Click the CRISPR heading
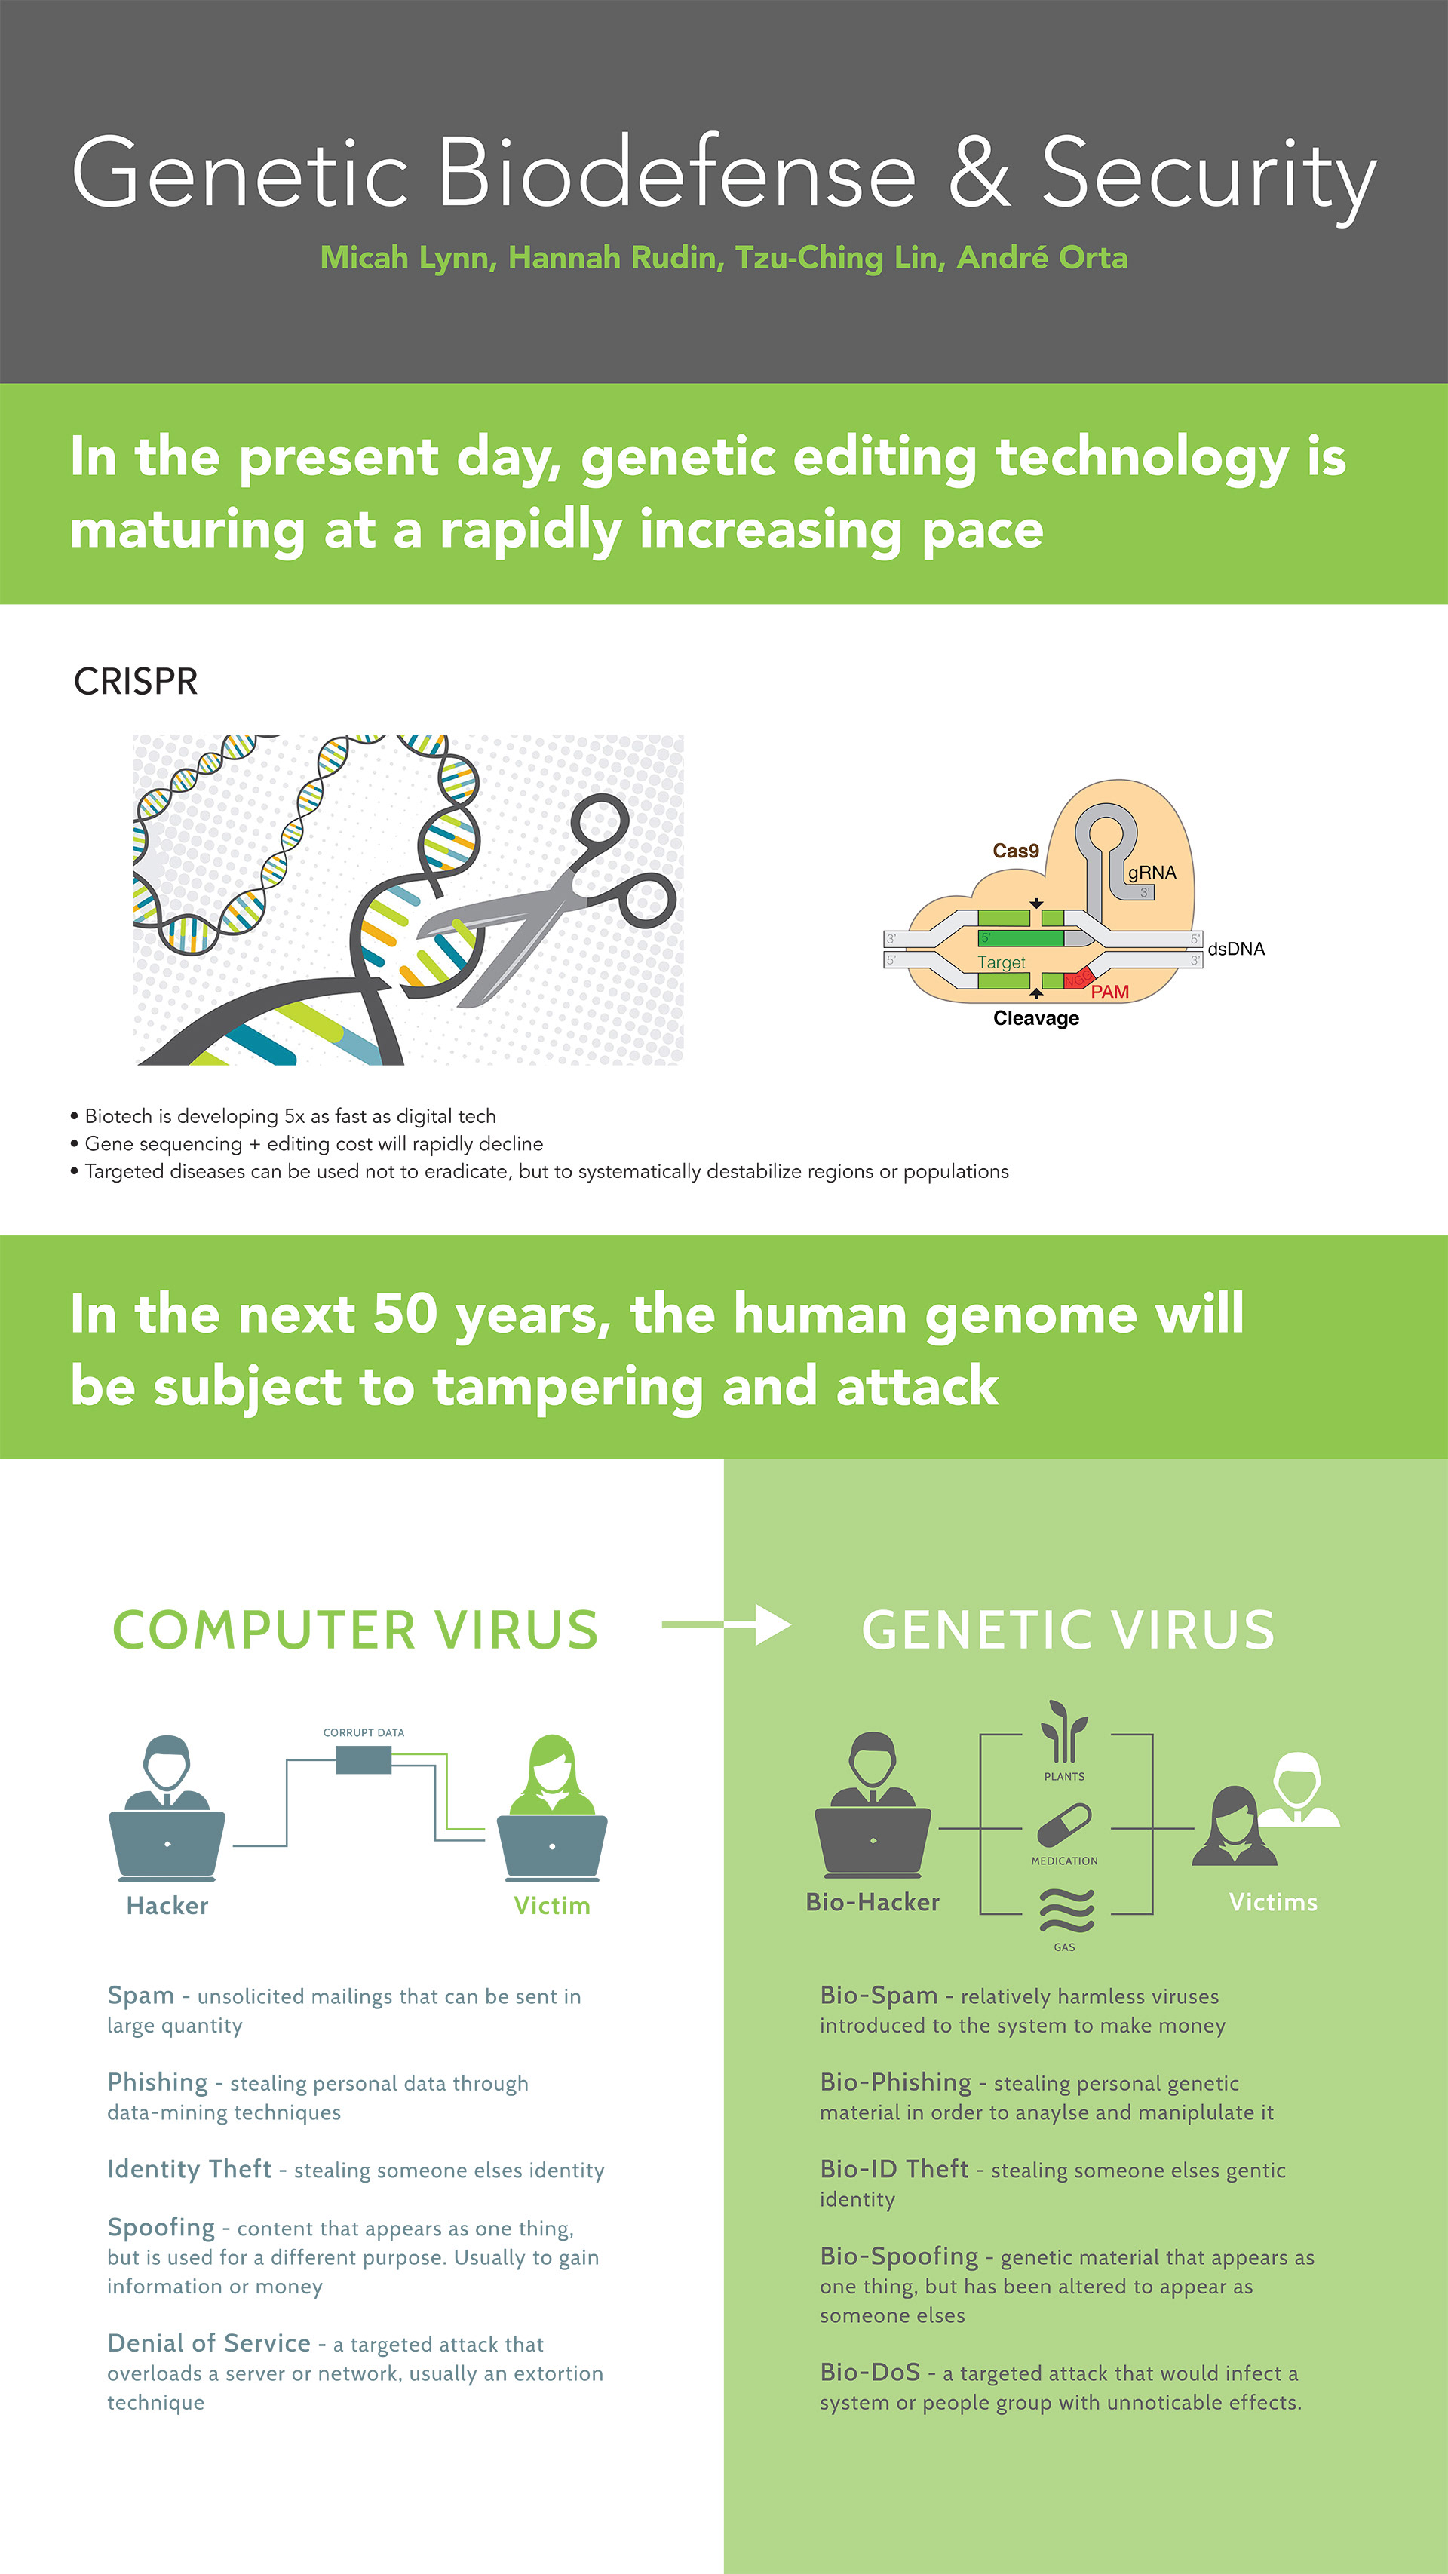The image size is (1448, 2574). [136, 682]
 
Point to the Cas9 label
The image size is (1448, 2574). [1015, 851]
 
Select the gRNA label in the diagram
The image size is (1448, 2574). [1152, 873]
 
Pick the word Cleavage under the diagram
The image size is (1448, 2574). [1036, 1018]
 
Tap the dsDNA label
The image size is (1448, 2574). [1236, 948]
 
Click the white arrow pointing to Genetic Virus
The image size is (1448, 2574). [726, 1624]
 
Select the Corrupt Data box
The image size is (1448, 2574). [364, 1759]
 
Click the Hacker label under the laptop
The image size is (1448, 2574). [168, 1906]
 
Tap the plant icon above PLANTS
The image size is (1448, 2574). [1064, 1732]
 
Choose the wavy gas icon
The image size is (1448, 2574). [1066, 1910]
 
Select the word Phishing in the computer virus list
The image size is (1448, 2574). [158, 2082]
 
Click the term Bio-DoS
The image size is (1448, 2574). [870, 2372]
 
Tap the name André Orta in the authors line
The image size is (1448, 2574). [1042, 258]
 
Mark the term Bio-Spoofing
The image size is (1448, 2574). [898, 2256]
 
